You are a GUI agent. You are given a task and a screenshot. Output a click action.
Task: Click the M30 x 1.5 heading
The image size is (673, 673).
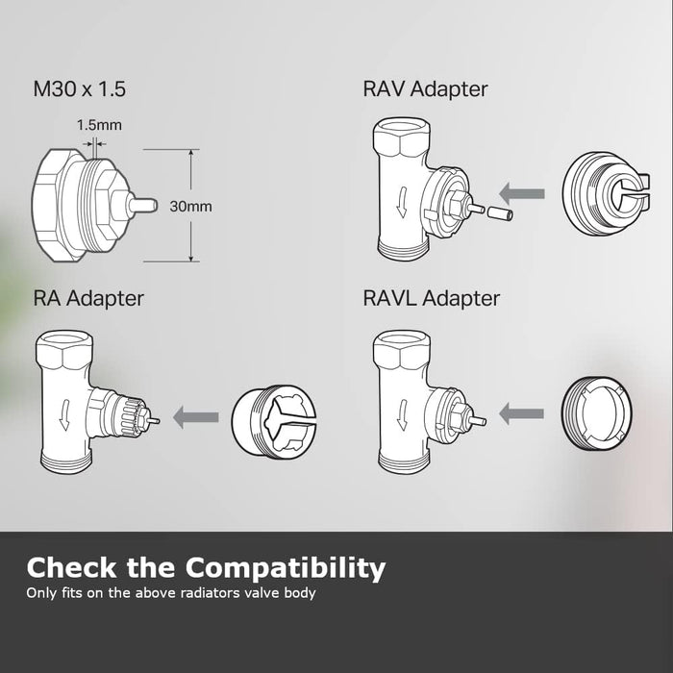(x=79, y=89)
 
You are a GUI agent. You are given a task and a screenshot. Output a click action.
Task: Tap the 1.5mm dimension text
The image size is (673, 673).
(x=99, y=125)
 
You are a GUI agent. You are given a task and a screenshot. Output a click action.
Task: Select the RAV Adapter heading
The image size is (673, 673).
(x=425, y=89)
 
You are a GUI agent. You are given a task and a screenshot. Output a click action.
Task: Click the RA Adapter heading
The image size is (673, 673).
(x=88, y=298)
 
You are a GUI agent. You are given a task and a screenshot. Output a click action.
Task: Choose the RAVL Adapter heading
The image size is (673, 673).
(x=432, y=298)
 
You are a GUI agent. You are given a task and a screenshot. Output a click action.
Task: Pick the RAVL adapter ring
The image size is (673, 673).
(x=600, y=414)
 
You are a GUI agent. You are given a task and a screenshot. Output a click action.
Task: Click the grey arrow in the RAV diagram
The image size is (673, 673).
(x=525, y=194)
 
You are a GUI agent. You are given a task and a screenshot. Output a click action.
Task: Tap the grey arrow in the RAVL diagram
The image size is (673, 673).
(x=523, y=415)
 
